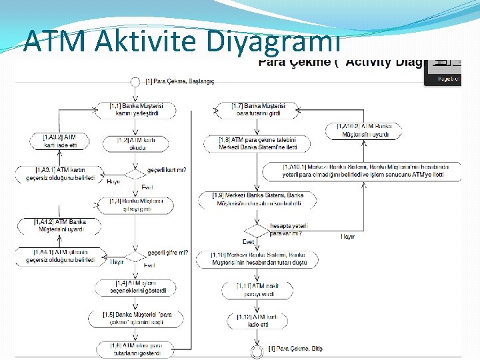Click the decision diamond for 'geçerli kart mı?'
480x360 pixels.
tap(135, 174)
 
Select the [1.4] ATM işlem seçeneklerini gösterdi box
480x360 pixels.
tap(135, 287)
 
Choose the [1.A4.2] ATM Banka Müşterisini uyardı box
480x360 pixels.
tap(60, 225)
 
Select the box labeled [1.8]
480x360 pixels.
tap(258, 143)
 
